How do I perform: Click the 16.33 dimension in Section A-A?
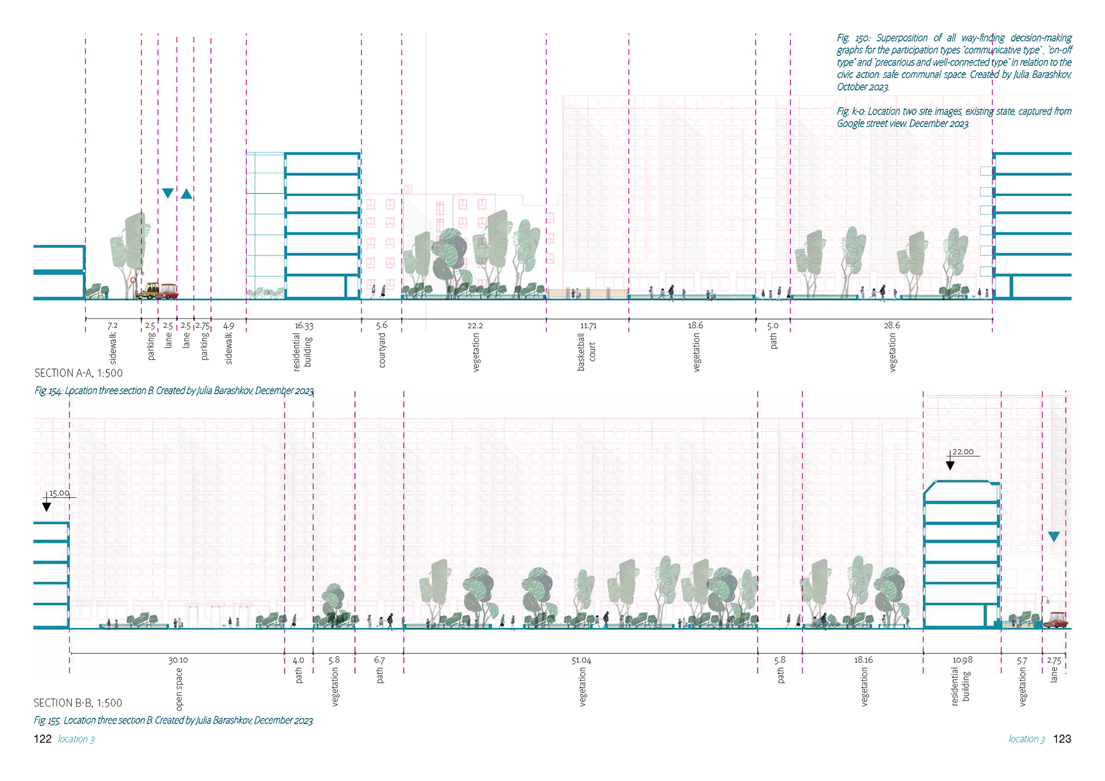(x=304, y=326)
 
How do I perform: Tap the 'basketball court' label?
(x=586, y=352)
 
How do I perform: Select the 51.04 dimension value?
(x=581, y=660)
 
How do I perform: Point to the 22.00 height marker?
(x=962, y=452)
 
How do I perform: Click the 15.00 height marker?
(x=59, y=493)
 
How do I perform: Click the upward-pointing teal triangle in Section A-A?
(x=186, y=194)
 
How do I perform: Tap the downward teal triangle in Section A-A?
(x=167, y=193)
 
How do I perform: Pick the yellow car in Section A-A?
(x=150, y=291)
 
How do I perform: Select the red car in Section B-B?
(x=1056, y=620)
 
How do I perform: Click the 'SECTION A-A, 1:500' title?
(x=78, y=373)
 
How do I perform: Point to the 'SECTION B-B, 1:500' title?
(x=78, y=703)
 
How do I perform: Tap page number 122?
(x=43, y=739)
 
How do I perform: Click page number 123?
(x=1062, y=739)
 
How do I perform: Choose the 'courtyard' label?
(x=382, y=350)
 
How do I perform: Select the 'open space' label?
(x=179, y=689)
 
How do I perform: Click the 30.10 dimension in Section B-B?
(x=178, y=660)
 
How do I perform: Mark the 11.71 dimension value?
(x=588, y=326)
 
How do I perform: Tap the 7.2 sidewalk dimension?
(x=113, y=326)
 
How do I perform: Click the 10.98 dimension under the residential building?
(x=962, y=660)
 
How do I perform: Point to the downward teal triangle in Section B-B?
(x=1054, y=537)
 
